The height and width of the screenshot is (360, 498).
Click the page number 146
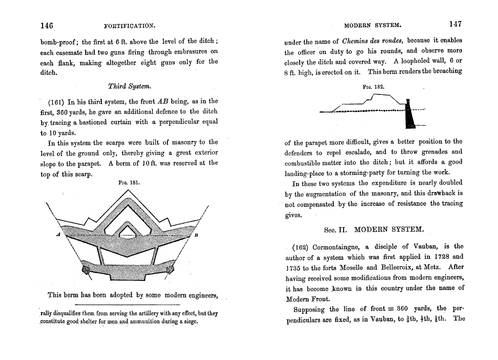pos(46,25)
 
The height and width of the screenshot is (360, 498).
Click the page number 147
pos(456,24)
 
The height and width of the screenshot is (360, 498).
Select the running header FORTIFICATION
pos(129,26)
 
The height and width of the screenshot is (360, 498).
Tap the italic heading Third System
pos(129,86)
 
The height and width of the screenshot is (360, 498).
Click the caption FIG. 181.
pos(129,182)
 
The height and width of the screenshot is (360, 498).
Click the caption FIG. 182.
pos(373,87)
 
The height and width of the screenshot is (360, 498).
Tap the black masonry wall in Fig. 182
pos(409,116)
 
